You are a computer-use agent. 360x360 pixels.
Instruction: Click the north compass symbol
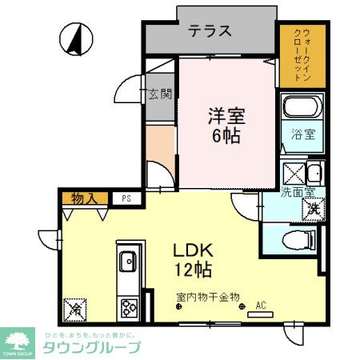(74, 38)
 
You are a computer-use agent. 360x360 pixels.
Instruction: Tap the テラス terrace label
(210, 31)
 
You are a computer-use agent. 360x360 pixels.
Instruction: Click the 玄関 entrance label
(160, 94)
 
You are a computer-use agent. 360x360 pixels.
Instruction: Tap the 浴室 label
(303, 134)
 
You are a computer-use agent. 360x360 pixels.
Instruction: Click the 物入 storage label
(83, 198)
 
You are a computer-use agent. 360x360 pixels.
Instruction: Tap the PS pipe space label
(126, 198)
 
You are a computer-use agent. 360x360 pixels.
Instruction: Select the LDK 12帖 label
(193, 257)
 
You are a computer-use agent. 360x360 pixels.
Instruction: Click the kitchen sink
(128, 262)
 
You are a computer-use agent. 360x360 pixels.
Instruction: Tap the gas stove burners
(128, 306)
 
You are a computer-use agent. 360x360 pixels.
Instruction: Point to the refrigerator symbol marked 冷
(75, 307)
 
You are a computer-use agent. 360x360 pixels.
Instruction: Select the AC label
(260, 305)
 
